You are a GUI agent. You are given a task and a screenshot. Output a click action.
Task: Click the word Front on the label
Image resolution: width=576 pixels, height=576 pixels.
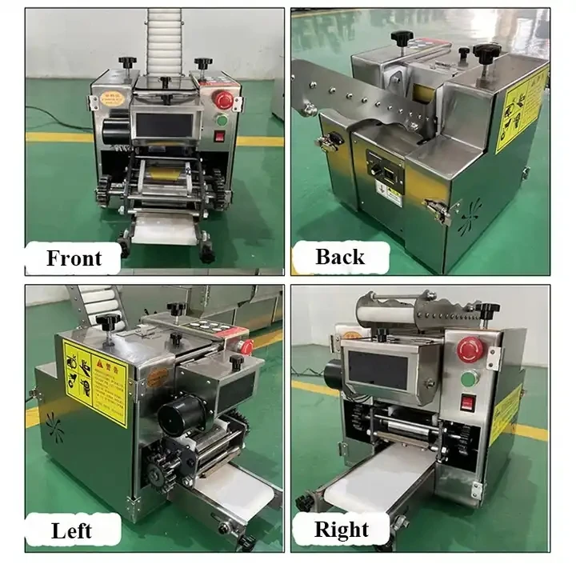pyautogui.click(x=74, y=258)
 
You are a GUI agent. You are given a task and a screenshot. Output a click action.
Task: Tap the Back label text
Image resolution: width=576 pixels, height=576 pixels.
pyautogui.click(x=340, y=257)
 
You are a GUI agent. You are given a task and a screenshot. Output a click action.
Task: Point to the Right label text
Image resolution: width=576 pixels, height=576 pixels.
pyautogui.click(x=342, y=530)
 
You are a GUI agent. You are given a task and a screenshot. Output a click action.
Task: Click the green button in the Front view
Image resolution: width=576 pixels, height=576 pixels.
pyautogui.click(x=222, y=120)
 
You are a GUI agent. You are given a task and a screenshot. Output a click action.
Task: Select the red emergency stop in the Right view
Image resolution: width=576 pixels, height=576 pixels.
pyautogui.click(x=468, y=347)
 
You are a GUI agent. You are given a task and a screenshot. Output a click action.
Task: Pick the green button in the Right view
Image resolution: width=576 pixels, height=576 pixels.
pyautogui.click(x=469, y=377)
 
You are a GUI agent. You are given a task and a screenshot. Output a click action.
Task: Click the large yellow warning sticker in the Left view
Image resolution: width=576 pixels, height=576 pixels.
pyautogui.click(x=95, y=380)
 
